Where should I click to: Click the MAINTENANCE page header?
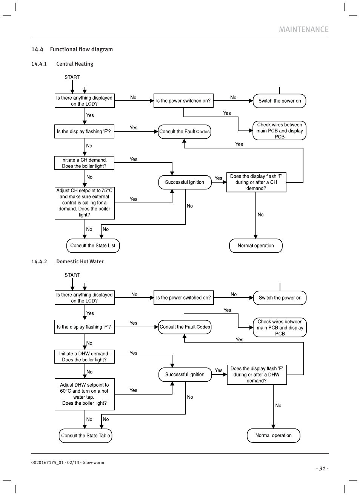303,29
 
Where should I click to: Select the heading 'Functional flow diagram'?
81,49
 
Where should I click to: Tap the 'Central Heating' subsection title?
75,64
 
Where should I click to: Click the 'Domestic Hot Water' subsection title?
80,262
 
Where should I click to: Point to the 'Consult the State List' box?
93,246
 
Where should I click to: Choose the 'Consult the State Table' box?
86,436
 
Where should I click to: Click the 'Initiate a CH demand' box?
84,163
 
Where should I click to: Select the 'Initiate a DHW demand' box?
84,357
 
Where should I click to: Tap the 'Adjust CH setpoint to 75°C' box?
84,203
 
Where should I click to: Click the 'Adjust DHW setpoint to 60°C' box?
84,394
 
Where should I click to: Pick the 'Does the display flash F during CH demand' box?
256,183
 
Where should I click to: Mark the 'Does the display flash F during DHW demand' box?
257,375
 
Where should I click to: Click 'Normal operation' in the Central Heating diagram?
256,246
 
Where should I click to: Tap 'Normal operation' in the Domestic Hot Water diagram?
274,436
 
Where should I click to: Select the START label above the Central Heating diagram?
72,77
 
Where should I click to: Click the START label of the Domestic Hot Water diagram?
72,275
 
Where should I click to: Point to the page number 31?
322,469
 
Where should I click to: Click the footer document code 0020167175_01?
48,463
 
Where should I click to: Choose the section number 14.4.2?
39,262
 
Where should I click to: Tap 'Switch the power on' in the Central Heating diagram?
280,101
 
